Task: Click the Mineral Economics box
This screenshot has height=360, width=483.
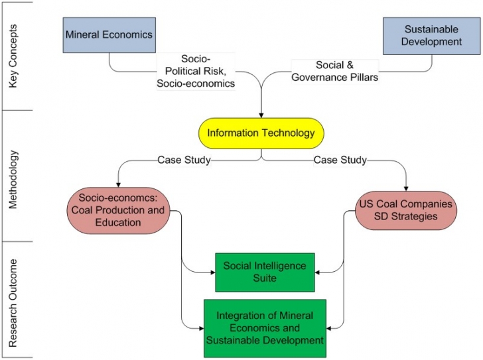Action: [x=109, y=35]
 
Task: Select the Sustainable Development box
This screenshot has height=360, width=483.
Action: [x=431, y=36]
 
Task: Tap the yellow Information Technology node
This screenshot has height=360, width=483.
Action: [x=261, y=133]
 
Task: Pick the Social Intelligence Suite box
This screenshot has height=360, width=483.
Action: [x=265, y=272]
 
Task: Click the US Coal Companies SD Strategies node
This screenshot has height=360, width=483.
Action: [x=406, y=210]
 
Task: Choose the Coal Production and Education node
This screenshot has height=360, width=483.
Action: [x=118, y=210]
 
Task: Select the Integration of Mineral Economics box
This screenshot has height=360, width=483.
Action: [x=265, y=328]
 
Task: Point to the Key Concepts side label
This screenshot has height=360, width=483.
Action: [x=13, y=56]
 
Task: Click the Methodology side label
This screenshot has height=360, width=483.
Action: [x=13, y=180]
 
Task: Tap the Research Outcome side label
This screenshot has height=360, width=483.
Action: [x=13, y=303]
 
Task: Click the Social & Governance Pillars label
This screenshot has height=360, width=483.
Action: [x=335, y=71]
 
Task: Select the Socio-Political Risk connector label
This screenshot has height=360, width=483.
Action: [x=196, y=71]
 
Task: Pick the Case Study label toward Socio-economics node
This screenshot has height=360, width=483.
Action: [x=184, y=160]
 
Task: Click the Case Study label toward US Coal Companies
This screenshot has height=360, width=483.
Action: [x=340, y=160]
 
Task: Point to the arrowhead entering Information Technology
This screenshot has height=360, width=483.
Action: [x=261, y=115]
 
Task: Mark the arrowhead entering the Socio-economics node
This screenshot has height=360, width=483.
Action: [x=118, y=185]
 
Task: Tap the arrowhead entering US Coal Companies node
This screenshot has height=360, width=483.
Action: [x=406, y=189]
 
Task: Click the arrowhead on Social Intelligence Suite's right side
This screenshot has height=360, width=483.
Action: [x=317, y=272]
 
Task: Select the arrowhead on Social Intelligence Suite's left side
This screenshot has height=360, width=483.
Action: [x=213, y=272]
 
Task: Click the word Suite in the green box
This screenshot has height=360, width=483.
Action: [x=265, y=278]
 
